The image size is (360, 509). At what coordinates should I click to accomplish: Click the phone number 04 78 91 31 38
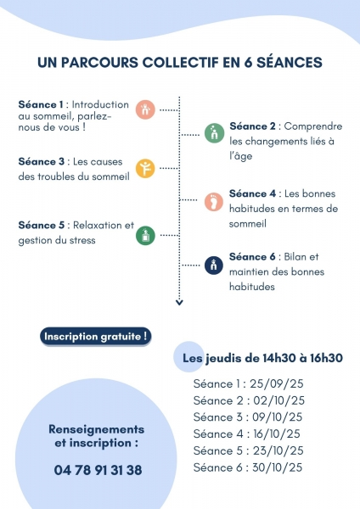tap(98, 470)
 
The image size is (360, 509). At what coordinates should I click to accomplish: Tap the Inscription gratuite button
tap(96, 336)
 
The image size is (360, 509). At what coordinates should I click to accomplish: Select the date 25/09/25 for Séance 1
tap(276, 383)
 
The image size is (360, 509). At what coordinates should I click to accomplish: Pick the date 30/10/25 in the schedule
tap(277, 467)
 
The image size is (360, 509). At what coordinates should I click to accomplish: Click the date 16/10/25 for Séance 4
tap(277, 433)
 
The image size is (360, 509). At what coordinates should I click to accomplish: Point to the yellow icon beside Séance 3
tap(145, 169)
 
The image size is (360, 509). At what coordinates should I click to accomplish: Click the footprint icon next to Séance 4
tap(214, 202)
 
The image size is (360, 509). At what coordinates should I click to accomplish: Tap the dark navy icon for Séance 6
tap(214, 266)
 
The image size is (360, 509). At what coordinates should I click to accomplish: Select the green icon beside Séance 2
tap(215, 133)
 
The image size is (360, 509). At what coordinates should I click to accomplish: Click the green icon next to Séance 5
tap(145, 235)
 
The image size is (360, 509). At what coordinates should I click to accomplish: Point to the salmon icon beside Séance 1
tap(145, 109)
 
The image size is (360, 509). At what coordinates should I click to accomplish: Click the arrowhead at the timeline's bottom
tap(179, 303)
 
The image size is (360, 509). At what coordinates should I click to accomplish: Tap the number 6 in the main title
tap(248, 62)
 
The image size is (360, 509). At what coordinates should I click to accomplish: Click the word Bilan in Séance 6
tap(295, 257)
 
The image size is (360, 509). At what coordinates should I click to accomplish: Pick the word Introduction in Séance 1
tap(100, 104)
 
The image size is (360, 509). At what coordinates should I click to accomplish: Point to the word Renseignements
tap(96, 429)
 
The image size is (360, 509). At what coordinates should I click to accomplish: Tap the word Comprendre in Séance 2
tap(313, 126)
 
